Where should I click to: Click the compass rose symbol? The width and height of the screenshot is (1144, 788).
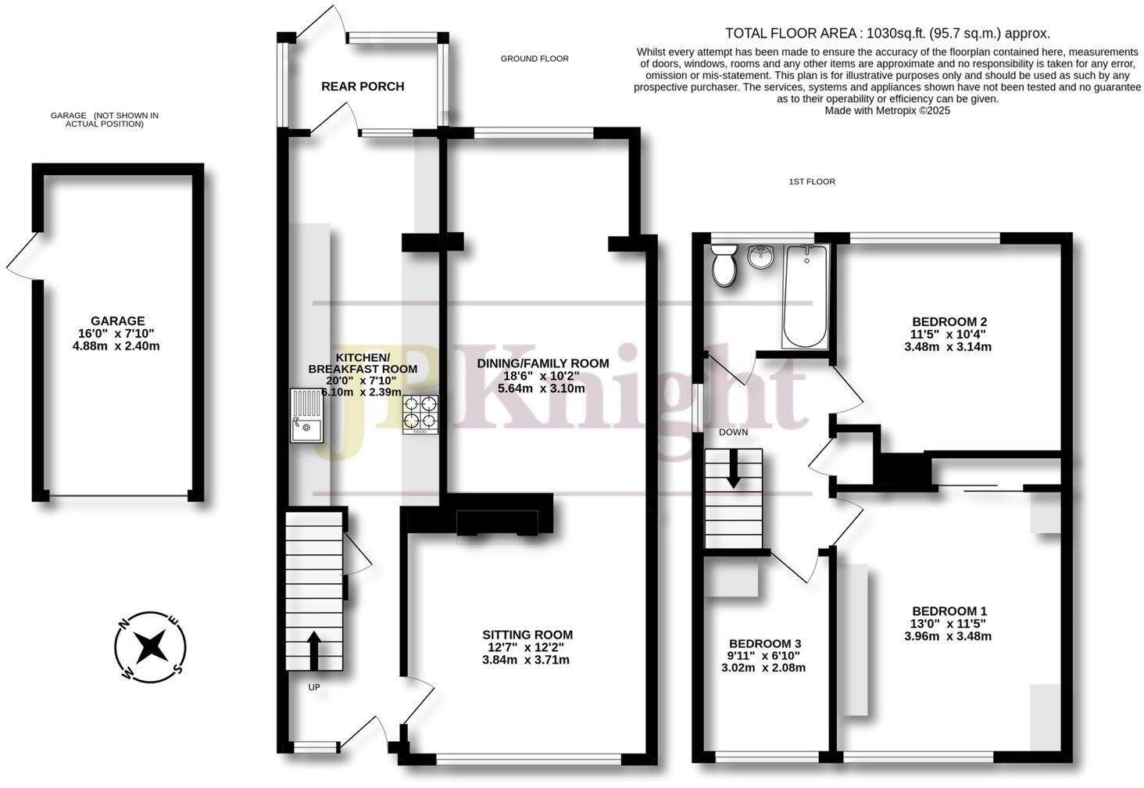coord(150,647)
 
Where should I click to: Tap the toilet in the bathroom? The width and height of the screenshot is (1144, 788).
coord(724,265)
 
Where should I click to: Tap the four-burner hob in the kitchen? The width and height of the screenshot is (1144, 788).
coord(420,414)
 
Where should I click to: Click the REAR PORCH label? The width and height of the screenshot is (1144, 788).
coord(363,86)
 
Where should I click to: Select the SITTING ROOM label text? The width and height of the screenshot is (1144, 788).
coord(527,635)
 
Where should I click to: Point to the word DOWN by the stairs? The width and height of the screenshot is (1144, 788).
coord(733,432)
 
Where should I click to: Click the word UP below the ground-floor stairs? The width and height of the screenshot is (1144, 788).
coord(314,687)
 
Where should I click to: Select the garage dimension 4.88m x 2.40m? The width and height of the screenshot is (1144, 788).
coord(117,346)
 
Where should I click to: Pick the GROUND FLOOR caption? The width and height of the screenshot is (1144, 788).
coord(534,59)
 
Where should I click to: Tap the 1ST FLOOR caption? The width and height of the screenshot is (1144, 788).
coord(812,181)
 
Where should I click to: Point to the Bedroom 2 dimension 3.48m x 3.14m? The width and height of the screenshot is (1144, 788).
coord(948,346)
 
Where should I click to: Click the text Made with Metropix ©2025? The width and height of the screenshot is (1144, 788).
coord(887,110)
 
